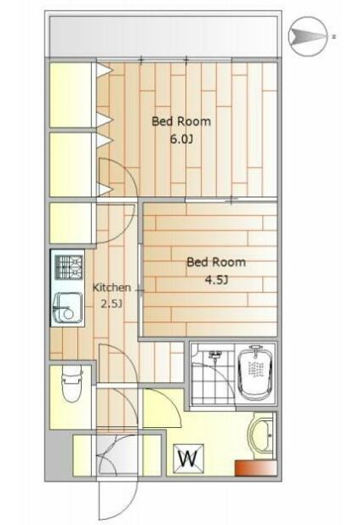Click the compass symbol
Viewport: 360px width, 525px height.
click(x=308, y=36)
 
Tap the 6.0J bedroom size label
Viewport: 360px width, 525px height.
click(x=181, y=139)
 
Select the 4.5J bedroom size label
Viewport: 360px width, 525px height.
click(x=216, y=280)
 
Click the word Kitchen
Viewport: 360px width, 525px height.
click(x=111, y=288)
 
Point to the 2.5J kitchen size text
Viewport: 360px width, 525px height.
click(x=111, y=304)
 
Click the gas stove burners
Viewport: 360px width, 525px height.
click(x=69, y=267)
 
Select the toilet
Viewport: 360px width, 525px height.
click(x=71, y=384)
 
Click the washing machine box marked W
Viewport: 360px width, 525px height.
click(x=188, y=459)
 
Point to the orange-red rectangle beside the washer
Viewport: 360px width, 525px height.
click(x=255, y=468)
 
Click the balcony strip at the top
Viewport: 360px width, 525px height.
click(x=163, y=37)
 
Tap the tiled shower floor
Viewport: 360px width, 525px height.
click(x=212, y=376)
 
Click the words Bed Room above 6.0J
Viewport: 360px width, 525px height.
click(x=181, y=121)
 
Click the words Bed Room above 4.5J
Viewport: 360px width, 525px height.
click(x=216, y=262)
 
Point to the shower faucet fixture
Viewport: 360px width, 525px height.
click(x=214, y=355)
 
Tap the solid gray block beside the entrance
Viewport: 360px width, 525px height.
click(x=59, y=456)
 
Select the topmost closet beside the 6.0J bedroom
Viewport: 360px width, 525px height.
click(x=71, y=94)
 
